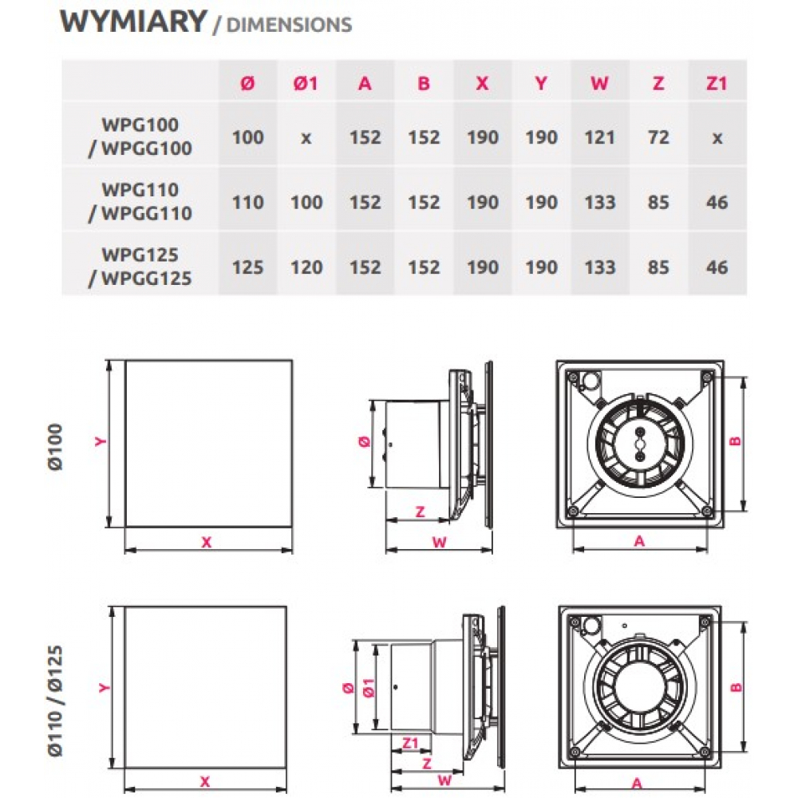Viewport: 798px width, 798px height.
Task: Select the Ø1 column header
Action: (x=306, y=82)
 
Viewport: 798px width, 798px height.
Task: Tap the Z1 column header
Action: (x=717, y=82)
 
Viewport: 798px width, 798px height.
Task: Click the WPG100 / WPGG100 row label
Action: (x=140, y=136)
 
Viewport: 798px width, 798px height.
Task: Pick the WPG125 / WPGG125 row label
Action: (x=140, y=266)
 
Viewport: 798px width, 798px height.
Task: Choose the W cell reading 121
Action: (x=599, y=137)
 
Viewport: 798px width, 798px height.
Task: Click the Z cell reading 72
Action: (x=658, y=137)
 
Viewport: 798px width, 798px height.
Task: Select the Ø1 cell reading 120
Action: (x=306, y=267)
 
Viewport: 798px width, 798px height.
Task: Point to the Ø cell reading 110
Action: (x=247, y=202)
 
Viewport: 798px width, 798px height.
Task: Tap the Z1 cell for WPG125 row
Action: (x=717, y=267)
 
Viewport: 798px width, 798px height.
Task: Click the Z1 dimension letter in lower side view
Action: (x=410, y=744)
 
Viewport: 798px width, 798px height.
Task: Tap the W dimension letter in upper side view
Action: (x=438, y=543)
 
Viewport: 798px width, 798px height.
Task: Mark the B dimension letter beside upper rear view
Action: (x=736, y=440)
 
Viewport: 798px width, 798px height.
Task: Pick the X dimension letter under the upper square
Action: (x=207, y=543)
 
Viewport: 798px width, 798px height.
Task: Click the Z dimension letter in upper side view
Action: (x=421, y=512)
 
